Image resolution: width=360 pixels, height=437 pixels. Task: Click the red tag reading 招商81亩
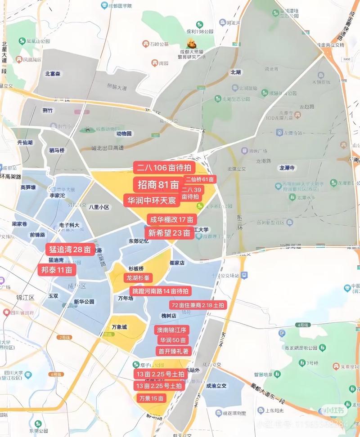point(158,185)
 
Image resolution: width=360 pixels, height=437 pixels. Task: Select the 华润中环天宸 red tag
point(152,201)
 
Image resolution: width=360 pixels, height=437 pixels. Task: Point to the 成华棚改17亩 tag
point(172,220)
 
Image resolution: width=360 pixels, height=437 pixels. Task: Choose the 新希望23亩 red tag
point(169,233)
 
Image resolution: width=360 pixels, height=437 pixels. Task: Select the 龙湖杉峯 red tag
point(141,277)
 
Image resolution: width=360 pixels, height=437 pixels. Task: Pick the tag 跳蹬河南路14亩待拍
point(160,291)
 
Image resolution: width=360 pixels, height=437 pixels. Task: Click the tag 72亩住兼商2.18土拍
point(197,305)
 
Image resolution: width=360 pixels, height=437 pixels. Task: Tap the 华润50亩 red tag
point(172,340)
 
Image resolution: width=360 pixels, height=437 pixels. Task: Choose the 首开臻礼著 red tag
point(173,351)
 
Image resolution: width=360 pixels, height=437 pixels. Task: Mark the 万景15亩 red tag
point(151,398)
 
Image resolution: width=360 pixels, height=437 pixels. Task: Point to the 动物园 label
point(124,134)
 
